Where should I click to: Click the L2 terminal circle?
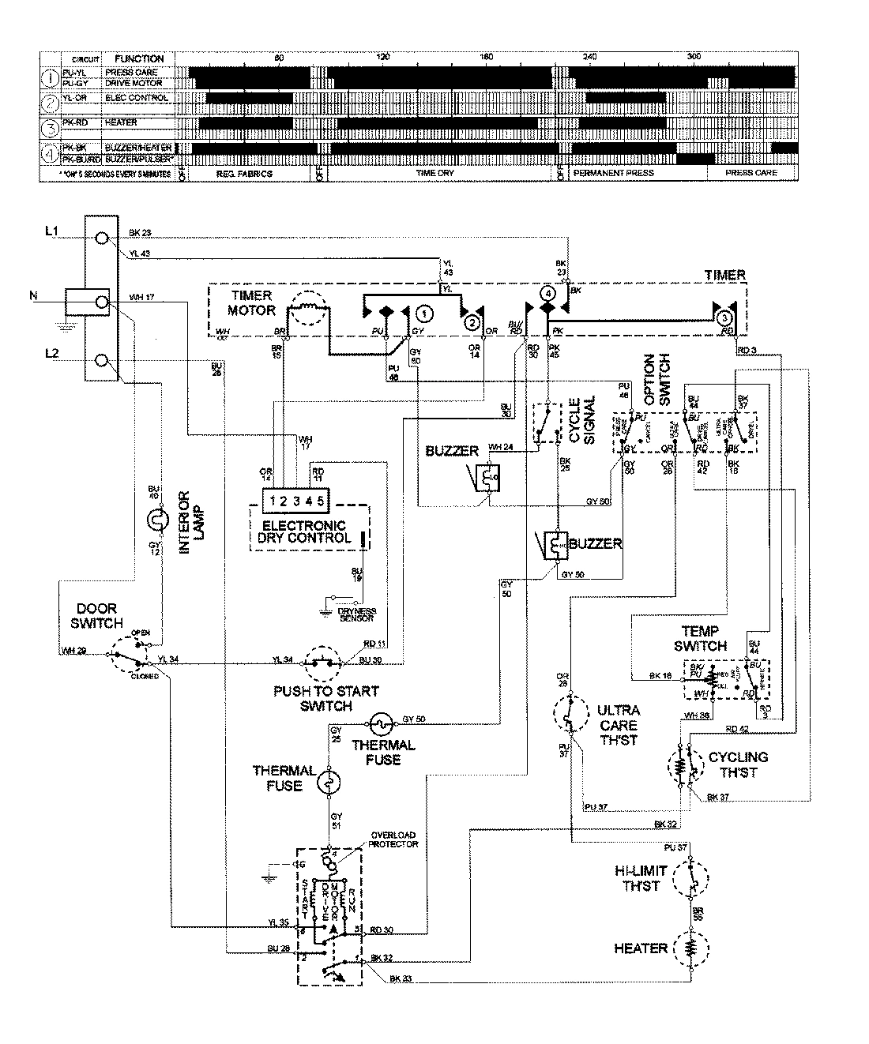(101, 361)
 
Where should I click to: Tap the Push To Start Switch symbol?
(320, 662)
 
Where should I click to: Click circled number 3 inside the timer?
(724, 317)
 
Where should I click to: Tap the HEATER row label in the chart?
(121, 122)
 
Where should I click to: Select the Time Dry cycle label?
(434, 172)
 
